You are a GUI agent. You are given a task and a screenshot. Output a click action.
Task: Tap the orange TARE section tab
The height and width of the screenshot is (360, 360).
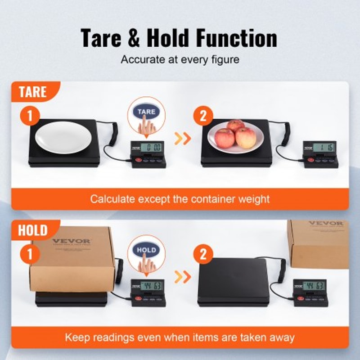coord(33,92)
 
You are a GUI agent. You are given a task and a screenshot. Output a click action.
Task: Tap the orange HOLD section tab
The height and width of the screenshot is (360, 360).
coord(33,231)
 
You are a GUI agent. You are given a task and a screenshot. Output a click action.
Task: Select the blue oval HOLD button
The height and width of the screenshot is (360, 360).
coord(147,250)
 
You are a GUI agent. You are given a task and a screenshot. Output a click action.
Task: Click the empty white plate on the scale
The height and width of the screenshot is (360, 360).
coord(60,137)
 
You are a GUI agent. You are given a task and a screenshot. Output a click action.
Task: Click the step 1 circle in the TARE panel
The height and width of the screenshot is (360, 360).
coord(30,117)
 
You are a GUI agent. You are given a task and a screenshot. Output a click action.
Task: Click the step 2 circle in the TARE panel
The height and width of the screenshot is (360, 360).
coord(203,117)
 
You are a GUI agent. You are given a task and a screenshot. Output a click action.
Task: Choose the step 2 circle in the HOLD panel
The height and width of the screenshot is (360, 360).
coord(203,255)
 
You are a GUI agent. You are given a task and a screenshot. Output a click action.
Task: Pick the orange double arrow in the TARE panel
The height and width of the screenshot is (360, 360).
coord(182,139)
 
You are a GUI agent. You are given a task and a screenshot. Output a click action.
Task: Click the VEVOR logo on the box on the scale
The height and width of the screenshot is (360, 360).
coord(71,241)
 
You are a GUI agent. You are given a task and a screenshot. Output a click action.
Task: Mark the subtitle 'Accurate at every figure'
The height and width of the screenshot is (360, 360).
coord(180,59)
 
